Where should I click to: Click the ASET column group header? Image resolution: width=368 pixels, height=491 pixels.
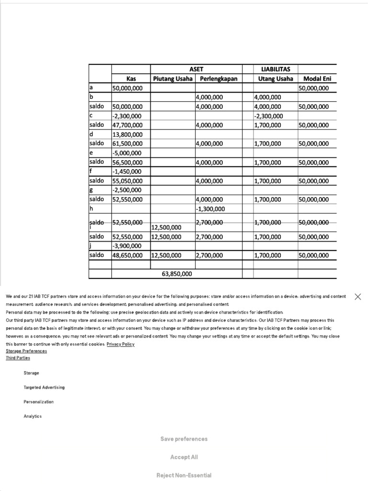[x=196, y=69]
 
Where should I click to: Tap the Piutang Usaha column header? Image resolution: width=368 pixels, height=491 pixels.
[x=172, y=79]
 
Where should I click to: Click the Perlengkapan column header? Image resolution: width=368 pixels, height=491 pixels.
[x=218, y=79]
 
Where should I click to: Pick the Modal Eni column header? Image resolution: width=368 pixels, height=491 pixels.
[x=317, y=79]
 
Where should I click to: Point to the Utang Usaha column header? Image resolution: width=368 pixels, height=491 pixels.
[x=276, y=79]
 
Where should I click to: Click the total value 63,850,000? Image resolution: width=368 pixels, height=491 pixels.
[x=177, y=274]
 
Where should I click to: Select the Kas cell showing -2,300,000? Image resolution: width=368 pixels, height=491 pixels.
[x=127, y=116]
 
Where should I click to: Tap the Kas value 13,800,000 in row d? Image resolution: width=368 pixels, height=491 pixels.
[x=127, y=135]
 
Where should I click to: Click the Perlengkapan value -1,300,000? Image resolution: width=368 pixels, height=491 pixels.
[x=210, y=209]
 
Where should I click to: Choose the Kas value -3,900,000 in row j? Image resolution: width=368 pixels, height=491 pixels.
[x=127, y=246]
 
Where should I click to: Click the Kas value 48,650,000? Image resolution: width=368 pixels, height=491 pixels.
[x=127, y=256]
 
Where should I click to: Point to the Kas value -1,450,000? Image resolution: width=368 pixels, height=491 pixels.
[x=127, y=172]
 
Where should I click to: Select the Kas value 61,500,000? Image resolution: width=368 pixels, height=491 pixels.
[x=127, y=144]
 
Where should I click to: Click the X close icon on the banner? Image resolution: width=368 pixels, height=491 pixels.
[x=357, y=297]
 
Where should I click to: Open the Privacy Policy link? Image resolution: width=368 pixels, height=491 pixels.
[x=120, y=344]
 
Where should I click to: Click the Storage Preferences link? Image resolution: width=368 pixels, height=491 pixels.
[x=26, y=351]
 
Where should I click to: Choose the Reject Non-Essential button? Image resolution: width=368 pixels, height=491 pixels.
[x=184, y=475]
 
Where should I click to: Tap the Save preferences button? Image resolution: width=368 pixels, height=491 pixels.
[x=184, y=439]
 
